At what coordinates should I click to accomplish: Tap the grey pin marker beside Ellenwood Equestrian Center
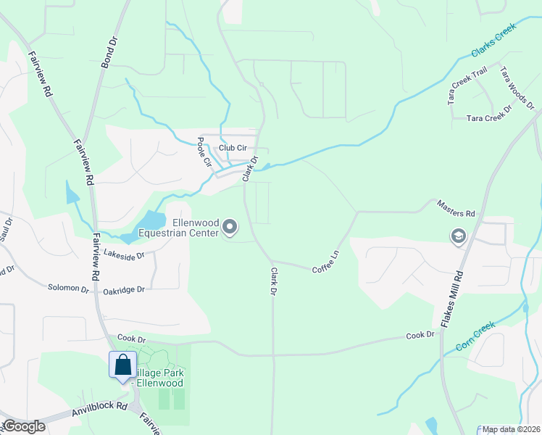(x=230, y=228)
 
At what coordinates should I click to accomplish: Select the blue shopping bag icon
(x=122, y=365)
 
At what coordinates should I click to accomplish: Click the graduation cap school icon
(x=458, y=236)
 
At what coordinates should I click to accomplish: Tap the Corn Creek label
(x=475, y=337)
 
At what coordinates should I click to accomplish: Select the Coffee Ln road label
(x=325, y=262)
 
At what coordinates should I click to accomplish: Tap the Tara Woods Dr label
(x=517, y=88)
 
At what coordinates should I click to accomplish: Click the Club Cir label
(x=233, y=148)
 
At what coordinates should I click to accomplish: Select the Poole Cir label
(x=204, y=152)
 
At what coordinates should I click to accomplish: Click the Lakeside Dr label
(x=125, y=254)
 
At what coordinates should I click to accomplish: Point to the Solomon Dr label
(x=68, y=288)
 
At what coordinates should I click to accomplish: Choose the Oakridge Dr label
(x=124, y=289)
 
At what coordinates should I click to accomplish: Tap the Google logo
(x=24, y=426)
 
